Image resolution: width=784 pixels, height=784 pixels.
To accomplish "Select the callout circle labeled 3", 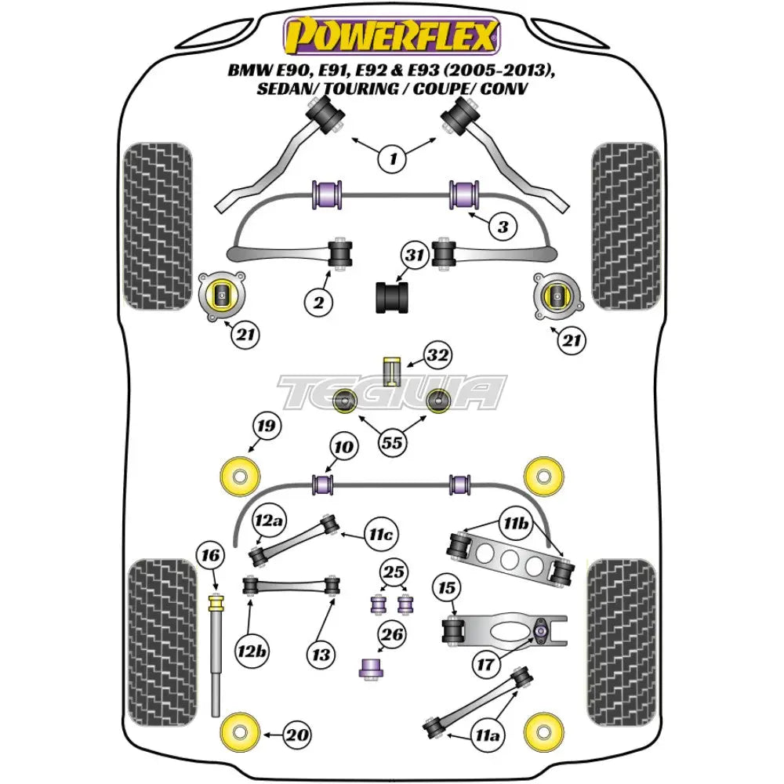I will pyautogui.click(x=502, y=227).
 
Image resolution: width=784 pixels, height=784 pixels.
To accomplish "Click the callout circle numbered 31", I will pyautogui.click(x=415, y=255).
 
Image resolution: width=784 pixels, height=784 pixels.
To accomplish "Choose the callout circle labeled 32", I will pyautogui.click(x=437, y=356).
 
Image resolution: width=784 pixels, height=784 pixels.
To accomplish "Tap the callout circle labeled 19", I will pyautogui.click(x=266, y=427).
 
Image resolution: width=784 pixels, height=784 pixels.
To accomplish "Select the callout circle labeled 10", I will pyautogui.click(x=342, y=447).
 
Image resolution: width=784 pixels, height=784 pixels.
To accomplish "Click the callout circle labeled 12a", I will pyautogui.click(x=268, y=519).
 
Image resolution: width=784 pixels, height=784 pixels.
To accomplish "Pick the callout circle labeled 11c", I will pyautogui.click(x=380, y=535).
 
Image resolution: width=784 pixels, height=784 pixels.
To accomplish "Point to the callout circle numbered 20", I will pyautogui.click(x=297, y=736).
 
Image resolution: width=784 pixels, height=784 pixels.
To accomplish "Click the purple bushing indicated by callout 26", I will pyautogui.click(x=368, y=668).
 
